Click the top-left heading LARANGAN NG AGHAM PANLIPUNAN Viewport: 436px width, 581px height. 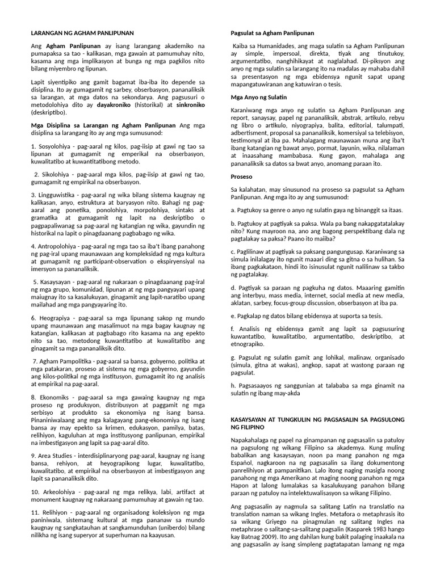[82, 33]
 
